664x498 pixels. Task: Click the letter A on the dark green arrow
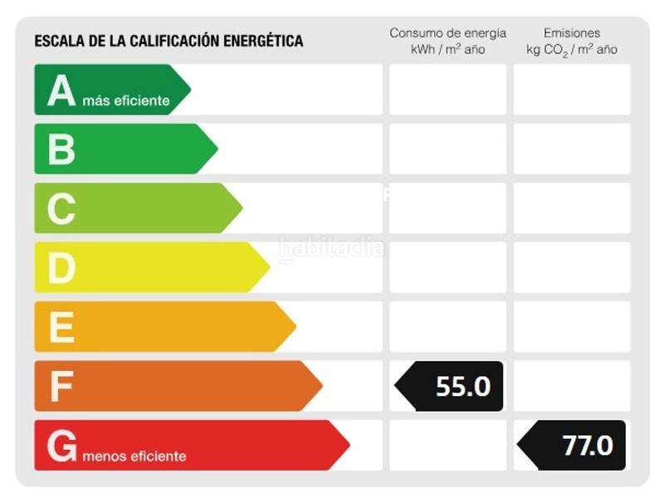point(61,90)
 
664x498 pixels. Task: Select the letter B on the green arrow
point(61,149)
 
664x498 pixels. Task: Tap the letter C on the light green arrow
point(61,208)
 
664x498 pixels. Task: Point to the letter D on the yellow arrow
point(61,267)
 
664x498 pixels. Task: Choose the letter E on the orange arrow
point(61,327)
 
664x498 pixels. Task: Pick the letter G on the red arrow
point(62,446)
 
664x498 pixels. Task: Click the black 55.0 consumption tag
point(453,386)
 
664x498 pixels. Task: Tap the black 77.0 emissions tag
point(577,446)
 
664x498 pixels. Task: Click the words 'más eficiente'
point(126,101)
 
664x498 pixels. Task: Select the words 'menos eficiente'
point(134,456)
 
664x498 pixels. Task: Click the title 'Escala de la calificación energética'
point(168,41)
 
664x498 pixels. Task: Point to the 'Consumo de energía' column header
point(447,33)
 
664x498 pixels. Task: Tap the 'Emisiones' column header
point(572,33)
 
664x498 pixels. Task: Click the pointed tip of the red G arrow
point(348,445)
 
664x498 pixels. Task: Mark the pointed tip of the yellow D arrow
point(268,267)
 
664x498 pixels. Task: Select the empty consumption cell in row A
point(447,90)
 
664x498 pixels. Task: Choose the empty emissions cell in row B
point(572,149)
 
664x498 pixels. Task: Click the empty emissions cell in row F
point(572,386)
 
